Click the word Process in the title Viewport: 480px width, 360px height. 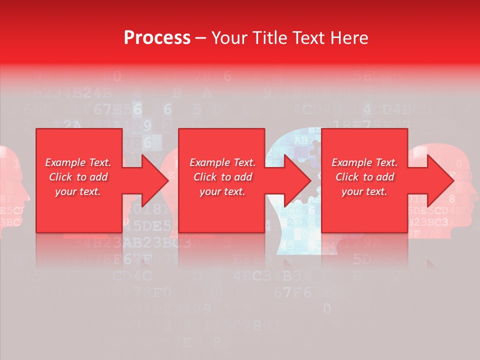coord(157,38)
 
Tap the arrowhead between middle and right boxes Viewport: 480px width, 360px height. coord(297,180)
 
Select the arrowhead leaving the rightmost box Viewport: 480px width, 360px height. coord(440,180)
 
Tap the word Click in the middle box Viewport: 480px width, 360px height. coord(205,177)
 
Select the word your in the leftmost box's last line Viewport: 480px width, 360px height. coord(65,191)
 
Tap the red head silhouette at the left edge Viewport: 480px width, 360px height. coord(11,190)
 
